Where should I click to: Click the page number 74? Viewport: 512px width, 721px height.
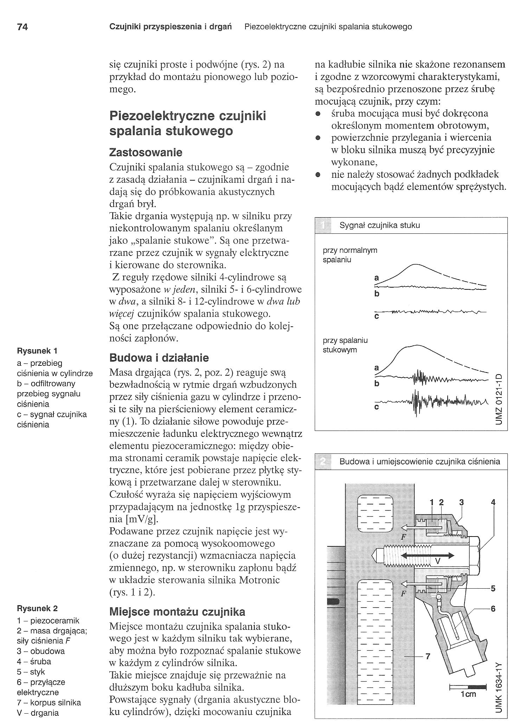pyautogui.click(x=22, y=27)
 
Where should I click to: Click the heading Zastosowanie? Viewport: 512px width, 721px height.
pyautogui.click(x=146, y=152)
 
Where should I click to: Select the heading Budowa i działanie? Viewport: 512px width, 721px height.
pyautogui.click(x=159, y=358)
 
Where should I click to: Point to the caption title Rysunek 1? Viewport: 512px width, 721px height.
pyautogui.click(x=37, y=351)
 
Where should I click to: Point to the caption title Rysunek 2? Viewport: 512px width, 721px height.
pyautogui.click(x=37, y=608)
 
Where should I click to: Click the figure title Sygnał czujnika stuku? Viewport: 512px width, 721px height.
pyautogui.click(x=379, y=225)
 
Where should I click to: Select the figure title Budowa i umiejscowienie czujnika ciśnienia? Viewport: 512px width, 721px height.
pyautogui.click(x=420, y=462)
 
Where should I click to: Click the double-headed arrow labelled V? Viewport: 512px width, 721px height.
pyautogui.click(x=428, y=556)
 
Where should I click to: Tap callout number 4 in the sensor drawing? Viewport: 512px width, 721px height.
pyautogui.click(x=493, y=503)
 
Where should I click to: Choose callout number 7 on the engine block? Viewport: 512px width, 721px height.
pyautogui.click(x=428, y=657)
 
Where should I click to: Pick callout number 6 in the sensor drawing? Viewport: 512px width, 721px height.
pyautogui.click(x=493, y=609)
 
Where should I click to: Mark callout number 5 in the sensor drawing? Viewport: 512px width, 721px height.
pyautogui.click(x=493, y=588)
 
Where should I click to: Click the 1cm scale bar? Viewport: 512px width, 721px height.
pyautogui.click(x=468, y=686)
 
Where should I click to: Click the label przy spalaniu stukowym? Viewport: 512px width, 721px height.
pyautogui.click(x=345, y=345)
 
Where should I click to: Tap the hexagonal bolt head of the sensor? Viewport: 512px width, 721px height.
pyautogui.click(x=474, y=556)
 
